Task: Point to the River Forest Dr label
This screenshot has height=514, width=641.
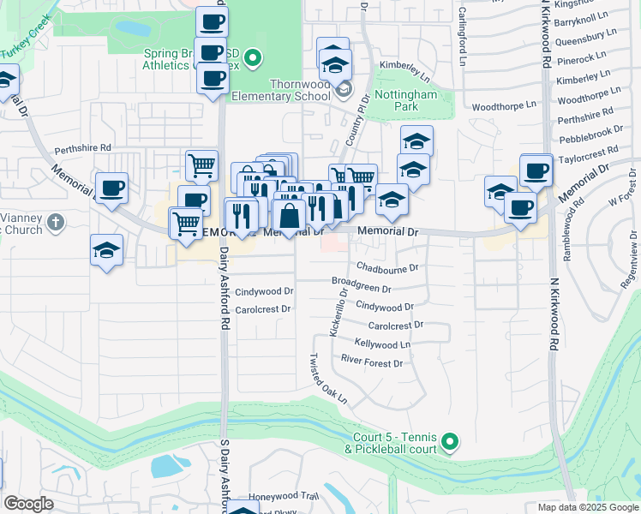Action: coord(371,363)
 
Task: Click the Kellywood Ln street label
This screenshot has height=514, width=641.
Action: coord(382,344)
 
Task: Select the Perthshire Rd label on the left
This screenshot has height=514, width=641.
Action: coord(83,148)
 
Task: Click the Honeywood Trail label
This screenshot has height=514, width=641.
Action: coord(283,496)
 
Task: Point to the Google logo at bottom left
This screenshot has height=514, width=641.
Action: coord(28,504)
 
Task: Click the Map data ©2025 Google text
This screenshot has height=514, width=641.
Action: coord(587,507)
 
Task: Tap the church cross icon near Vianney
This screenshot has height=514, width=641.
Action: coord(56,223)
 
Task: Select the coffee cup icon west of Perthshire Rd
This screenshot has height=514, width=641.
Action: coord(111,187)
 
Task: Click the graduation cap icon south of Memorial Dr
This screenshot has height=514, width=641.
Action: coord(107,249)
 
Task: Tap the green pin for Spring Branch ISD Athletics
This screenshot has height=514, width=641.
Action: coord(251,59)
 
